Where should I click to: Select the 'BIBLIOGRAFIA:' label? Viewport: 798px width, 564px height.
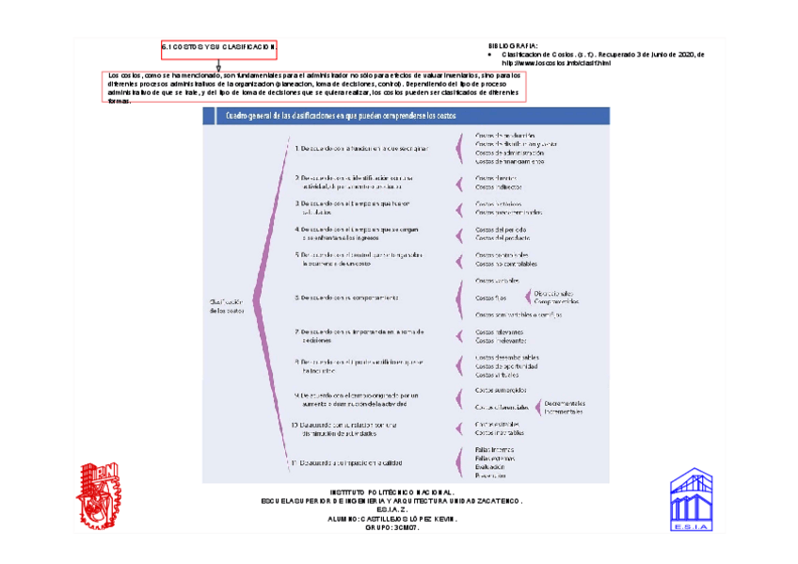(513, 45)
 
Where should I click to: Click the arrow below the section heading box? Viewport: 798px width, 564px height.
(218, 65)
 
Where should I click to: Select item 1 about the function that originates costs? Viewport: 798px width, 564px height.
(362, 148)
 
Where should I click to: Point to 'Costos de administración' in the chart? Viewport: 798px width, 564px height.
(509, 153)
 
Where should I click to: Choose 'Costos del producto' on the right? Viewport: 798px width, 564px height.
(501, 237)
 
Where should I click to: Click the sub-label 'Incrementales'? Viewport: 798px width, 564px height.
(563, 411)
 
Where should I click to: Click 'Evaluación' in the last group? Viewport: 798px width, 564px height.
(490, 467)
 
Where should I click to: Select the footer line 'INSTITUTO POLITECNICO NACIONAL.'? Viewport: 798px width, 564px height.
(392, 491)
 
